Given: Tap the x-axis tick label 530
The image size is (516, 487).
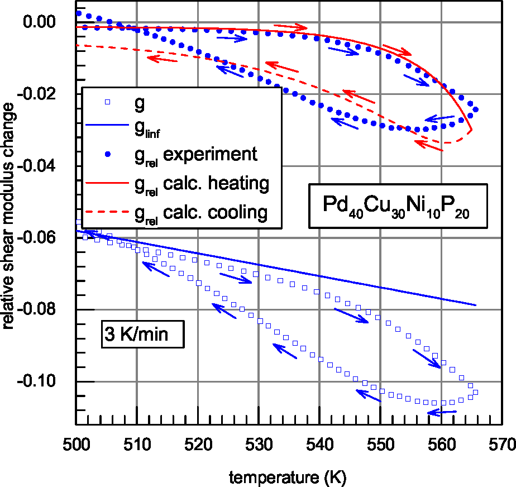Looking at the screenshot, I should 259,445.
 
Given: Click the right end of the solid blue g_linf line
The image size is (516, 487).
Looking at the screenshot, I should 476,305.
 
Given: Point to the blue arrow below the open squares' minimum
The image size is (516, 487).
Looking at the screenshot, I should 442,413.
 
